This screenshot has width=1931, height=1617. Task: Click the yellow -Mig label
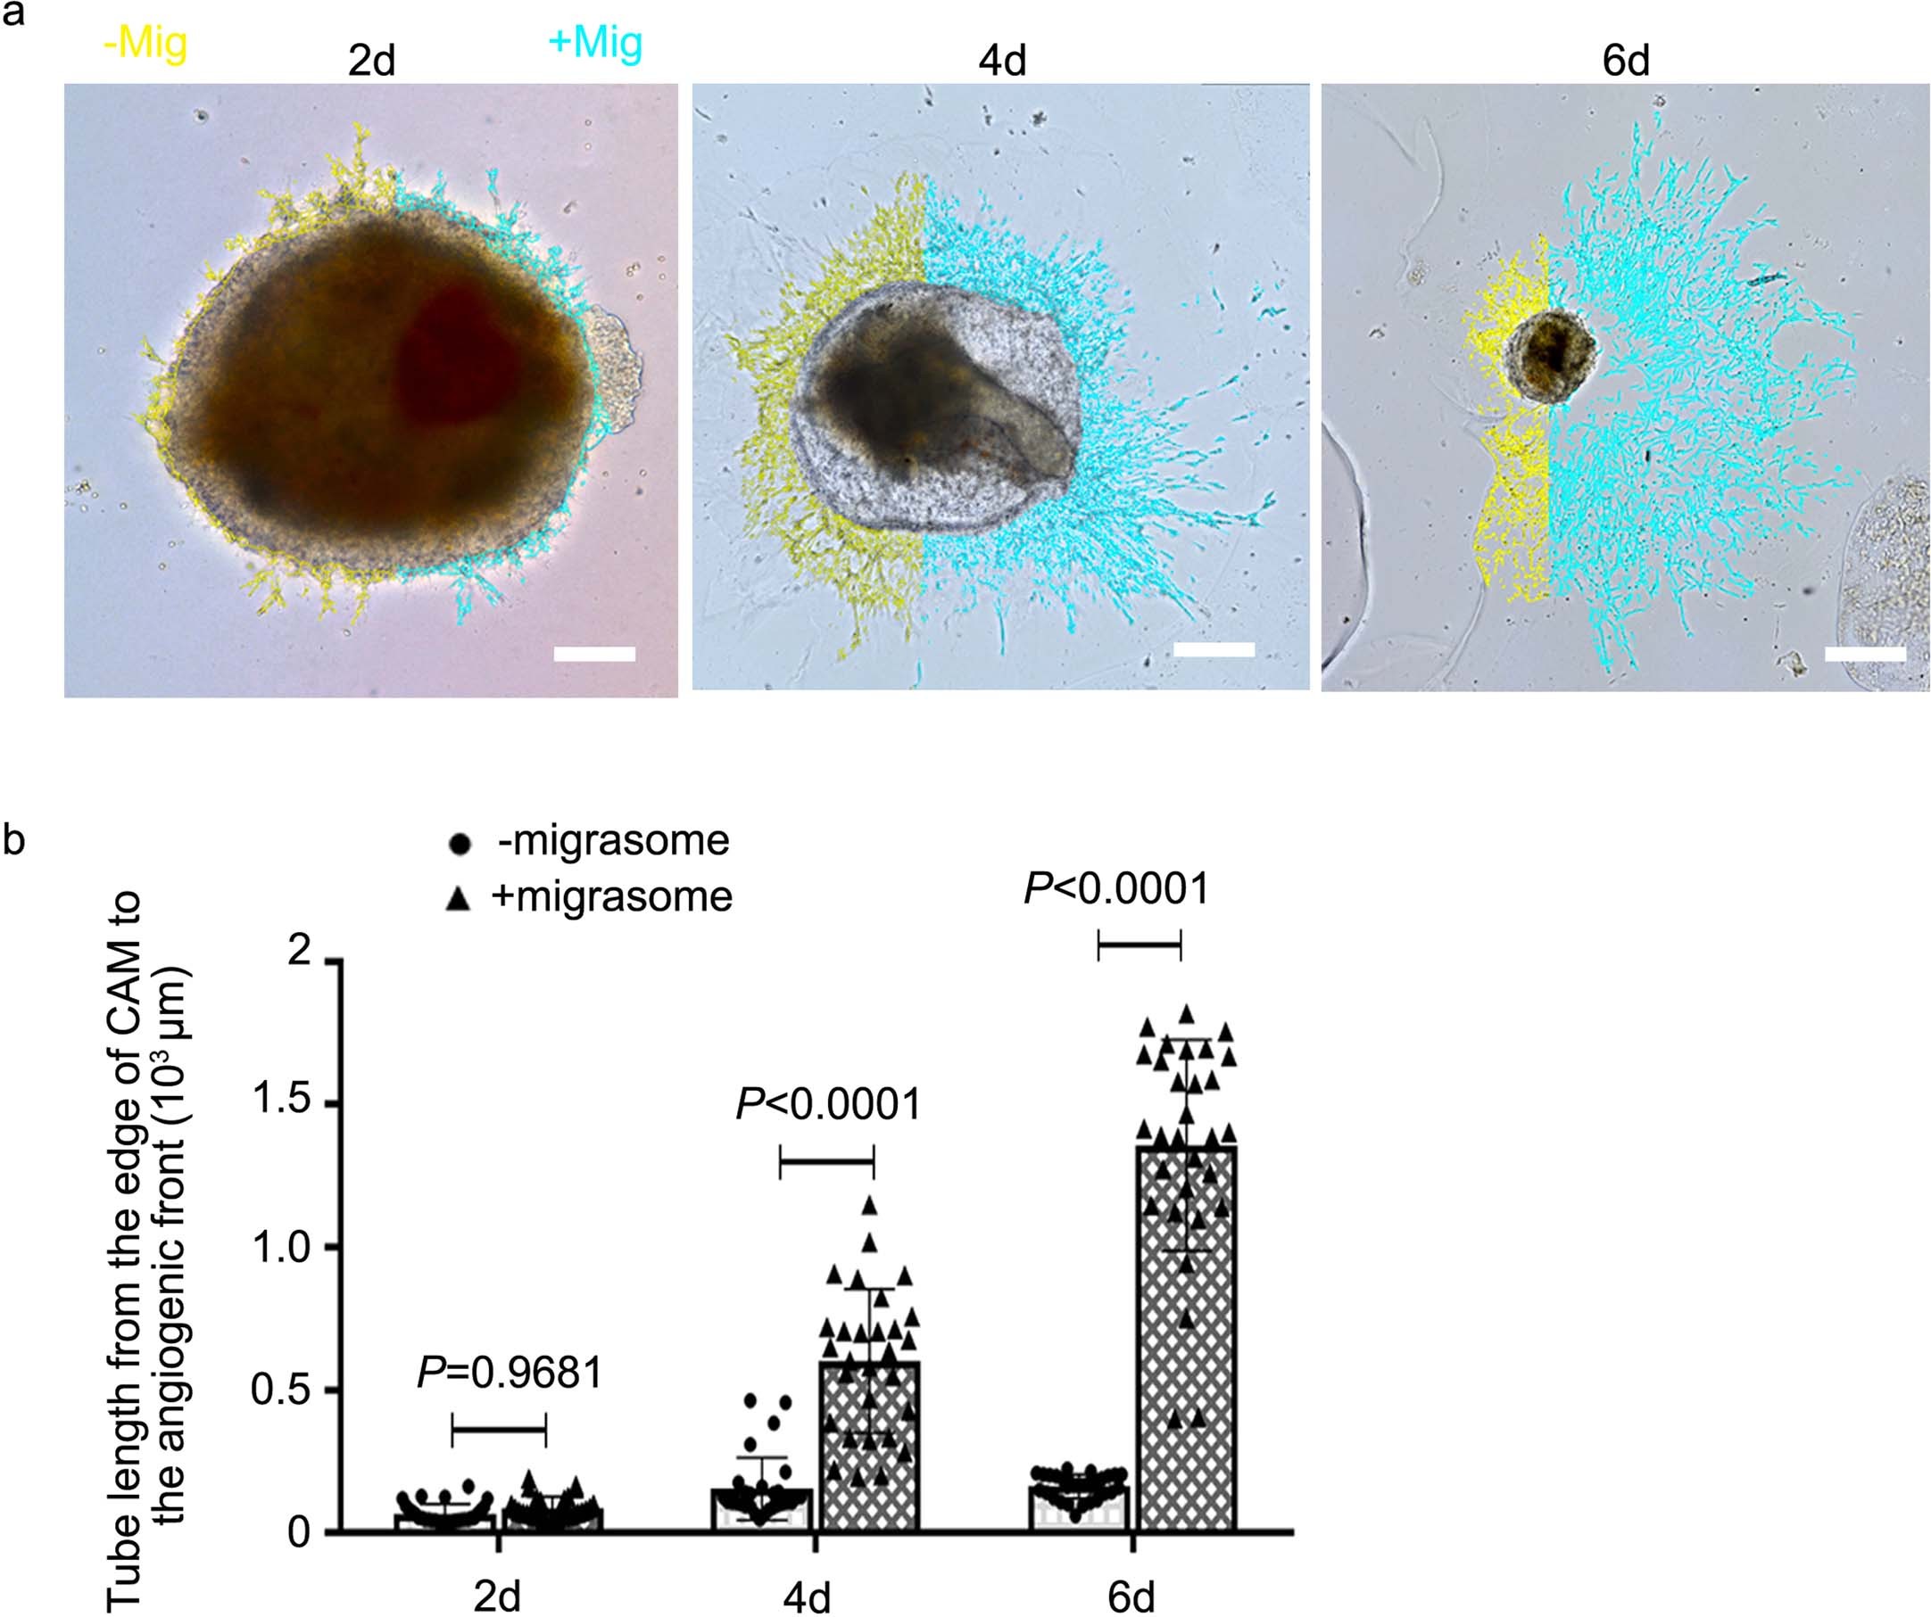pyautogui.click(x=145, y=44)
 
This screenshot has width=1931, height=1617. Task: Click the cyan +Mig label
pyautogui.click(x=595, y=43)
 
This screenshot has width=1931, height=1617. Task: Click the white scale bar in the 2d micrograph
pyautogui.click(x=595, y=654)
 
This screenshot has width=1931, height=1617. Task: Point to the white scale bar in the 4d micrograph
pyautogui.click(x=1214, y=649)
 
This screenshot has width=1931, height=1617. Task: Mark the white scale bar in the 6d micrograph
pyautogui.click(x=1865, y=653)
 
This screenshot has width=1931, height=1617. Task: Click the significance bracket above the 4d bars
pyautogui.click(x=826, y=1161)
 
